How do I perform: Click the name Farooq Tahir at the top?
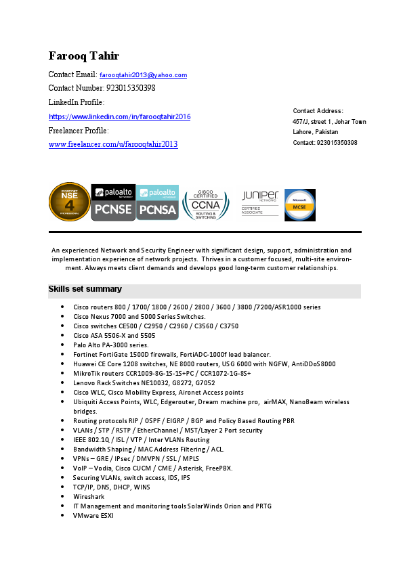tap(83, 56)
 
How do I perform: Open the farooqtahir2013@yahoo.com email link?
tap(143, 75)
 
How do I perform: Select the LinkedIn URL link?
tap(119, 117)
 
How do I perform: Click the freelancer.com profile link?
tap(113, 144)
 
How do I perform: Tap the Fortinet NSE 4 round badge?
tap(69, 202)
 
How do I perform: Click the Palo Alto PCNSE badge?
tap(112, 202)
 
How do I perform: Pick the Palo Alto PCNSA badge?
tap(158, 202)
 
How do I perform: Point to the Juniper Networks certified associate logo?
tap(260, 202)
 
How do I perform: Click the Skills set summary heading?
tap(85, 290)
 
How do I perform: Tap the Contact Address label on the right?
tap(318, 110)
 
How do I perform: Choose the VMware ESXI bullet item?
tap(93, 515)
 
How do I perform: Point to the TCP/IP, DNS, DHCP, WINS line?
tap(111, 487)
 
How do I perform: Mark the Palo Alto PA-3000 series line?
tap(110, 345)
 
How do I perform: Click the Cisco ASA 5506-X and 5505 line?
tap(114, 335)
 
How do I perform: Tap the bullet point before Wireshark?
tap(62, 496)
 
